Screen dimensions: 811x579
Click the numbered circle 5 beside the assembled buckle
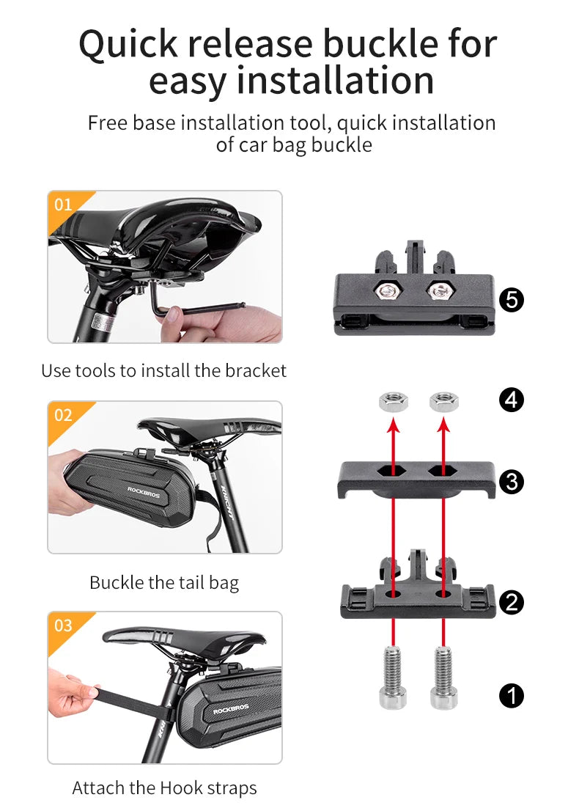click(x=511, y=300)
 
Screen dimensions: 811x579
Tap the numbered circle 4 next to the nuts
click(x=511, y=400)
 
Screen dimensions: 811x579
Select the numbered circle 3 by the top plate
click(x=511, y=482)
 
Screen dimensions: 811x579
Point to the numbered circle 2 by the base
click(x=511, y=602)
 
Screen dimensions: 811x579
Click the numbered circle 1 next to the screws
click(x=511, y=694)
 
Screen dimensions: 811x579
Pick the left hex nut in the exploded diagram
click(x=393, y=400)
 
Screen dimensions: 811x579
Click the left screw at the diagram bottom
click(x=393, y=675)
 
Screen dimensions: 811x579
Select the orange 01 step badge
click(x=64, y=204)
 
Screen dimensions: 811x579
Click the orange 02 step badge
click(x=64, y=415)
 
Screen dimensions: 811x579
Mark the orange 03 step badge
click(x=64, y=625)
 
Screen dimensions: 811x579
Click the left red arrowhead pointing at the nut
click(x=393, y=424)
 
